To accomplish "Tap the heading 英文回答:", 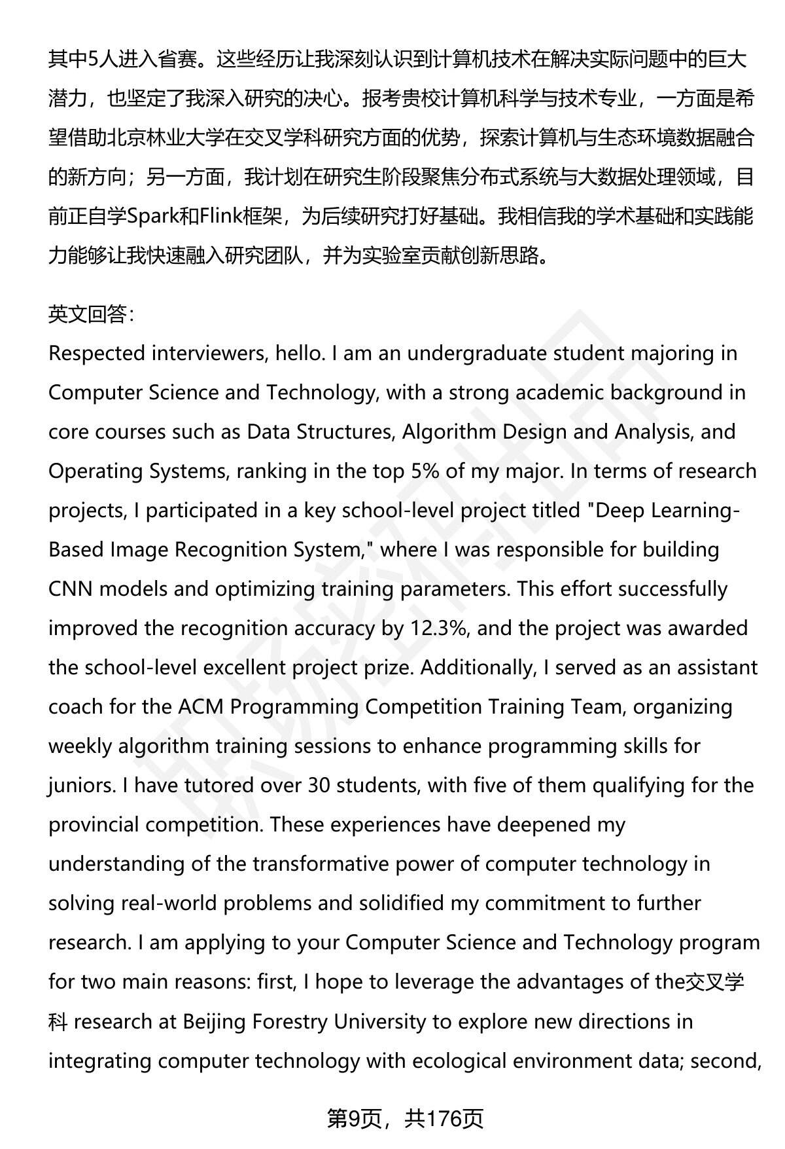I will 91,315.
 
